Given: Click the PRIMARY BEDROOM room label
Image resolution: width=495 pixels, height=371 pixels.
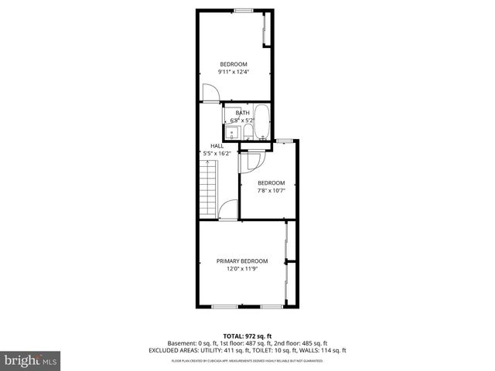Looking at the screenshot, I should click(242, 261).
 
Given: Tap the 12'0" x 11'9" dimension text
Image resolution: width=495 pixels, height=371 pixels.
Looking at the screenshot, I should click(242, 269).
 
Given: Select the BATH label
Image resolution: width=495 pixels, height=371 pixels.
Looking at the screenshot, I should click(243, 113).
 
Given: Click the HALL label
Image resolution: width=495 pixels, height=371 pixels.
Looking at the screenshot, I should click(217, 146).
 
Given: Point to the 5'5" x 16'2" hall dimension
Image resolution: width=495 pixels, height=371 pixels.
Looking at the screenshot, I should click(217, 153).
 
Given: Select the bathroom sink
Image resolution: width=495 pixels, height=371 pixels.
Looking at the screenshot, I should click(234, 133).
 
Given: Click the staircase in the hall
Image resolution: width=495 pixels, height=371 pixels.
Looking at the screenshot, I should click(207, 189).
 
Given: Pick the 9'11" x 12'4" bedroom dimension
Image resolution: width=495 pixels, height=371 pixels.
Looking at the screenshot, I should click(234, 72).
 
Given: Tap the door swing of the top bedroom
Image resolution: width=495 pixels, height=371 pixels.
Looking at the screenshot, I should click(210, 92).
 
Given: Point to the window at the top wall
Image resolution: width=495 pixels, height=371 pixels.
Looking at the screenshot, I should click(244, 9).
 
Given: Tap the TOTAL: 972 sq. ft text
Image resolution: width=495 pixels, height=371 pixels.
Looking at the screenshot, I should click(247, 336).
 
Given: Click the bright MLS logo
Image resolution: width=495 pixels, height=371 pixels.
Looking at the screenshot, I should click(30, 360).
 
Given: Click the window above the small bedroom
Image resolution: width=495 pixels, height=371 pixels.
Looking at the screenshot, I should click(284, 140).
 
